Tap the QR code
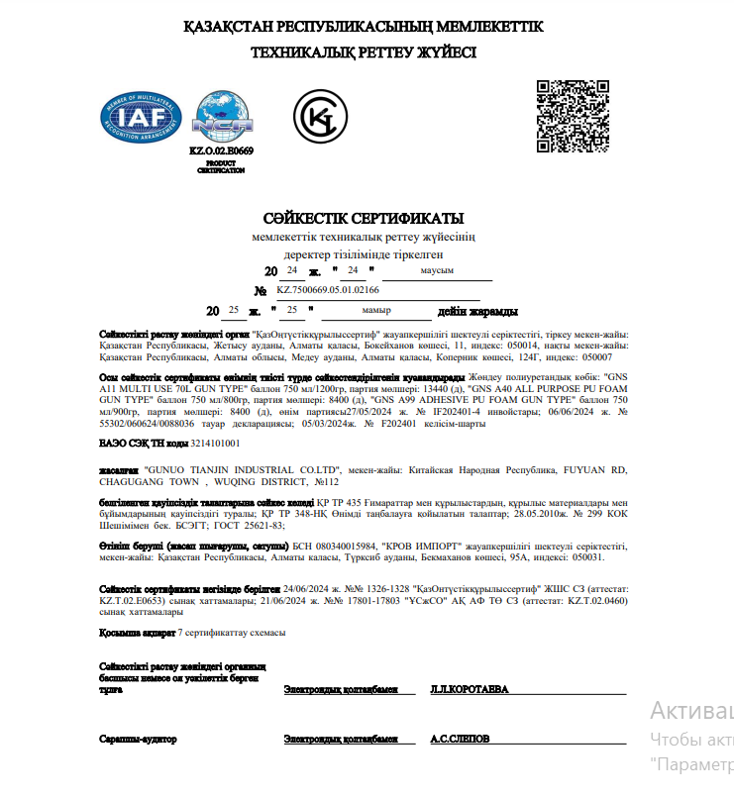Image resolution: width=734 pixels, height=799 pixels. coord(573,115)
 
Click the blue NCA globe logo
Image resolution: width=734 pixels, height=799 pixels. coord(223,116)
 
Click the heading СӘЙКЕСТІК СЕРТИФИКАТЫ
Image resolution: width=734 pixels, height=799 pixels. coord(364,218)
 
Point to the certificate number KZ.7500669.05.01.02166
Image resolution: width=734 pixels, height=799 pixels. coord(327,290)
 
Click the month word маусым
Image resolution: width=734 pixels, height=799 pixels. coord(437,270)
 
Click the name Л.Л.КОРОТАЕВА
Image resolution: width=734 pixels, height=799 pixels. coord(469,689)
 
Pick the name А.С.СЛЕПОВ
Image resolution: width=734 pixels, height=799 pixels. coord(459,740)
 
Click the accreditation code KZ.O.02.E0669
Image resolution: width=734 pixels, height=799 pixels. coord(221,150)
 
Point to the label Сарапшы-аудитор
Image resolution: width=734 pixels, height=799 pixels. coord(138,740)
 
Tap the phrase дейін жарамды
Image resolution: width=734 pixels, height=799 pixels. coord(477,310)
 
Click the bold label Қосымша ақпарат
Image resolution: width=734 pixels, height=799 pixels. coord(138,632)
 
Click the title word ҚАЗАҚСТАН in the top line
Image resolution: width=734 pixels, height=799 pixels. coord(232,26)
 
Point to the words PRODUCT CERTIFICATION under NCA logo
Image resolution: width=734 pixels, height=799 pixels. coord(221,166)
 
